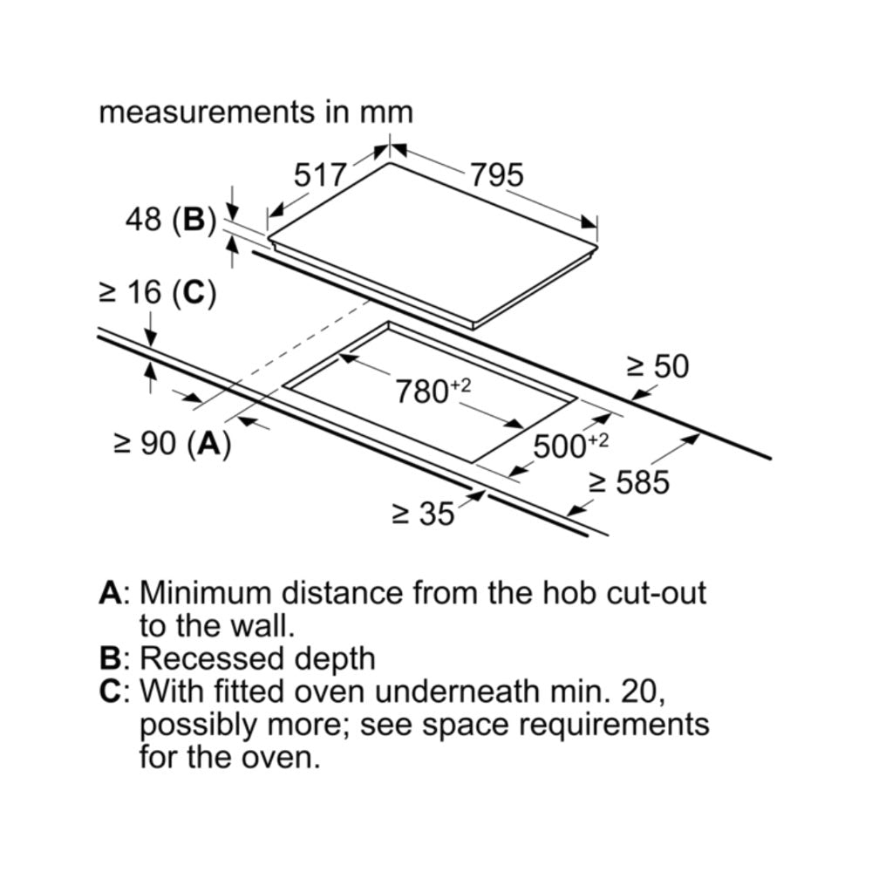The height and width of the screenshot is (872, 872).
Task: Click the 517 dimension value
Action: tap(320, 176)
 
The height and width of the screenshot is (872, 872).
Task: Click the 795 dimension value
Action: tap(497, 176)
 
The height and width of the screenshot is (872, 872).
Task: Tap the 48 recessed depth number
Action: tap(142, 220)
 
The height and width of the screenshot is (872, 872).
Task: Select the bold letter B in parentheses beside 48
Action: tap(193, 220)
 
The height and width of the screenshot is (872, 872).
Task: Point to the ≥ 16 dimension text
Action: tap(130, 293)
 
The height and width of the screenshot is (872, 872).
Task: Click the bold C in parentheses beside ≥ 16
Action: tap(193, 293)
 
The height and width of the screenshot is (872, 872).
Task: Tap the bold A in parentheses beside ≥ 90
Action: tap(208, 445)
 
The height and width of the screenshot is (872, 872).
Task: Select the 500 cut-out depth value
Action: tap(559, 446)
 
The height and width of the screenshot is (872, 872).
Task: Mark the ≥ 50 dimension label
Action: tap(657, 367)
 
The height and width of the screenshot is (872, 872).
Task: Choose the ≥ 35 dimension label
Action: tap(423, 514)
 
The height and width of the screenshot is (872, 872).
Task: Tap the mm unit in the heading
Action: tap(386, 112)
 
